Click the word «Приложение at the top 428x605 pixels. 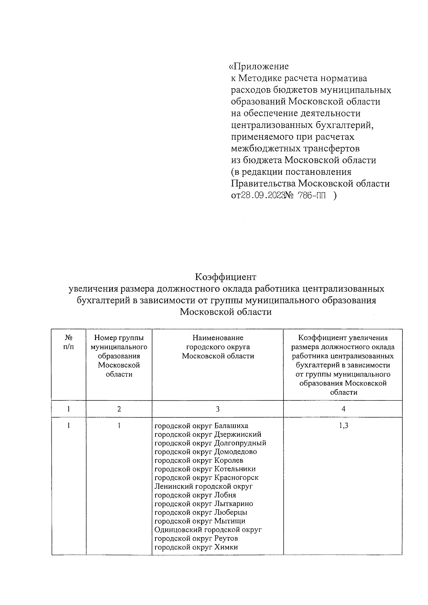[259, 67]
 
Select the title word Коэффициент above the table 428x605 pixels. [225, 277]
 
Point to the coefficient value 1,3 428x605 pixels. [343, 426]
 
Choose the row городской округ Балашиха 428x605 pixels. [201, 426]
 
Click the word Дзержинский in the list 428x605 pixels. [238, 435]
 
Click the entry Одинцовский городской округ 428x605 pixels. [208, 530]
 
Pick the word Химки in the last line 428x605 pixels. [226, 547]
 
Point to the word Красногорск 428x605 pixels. [236, 478]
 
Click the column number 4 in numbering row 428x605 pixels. [343, 409]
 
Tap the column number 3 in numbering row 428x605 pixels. [218, 409]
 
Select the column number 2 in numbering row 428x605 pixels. [119, 409]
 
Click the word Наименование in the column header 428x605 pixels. [218, 338]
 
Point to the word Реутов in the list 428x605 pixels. [226, 538]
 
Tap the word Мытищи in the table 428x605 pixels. [229, 521]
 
